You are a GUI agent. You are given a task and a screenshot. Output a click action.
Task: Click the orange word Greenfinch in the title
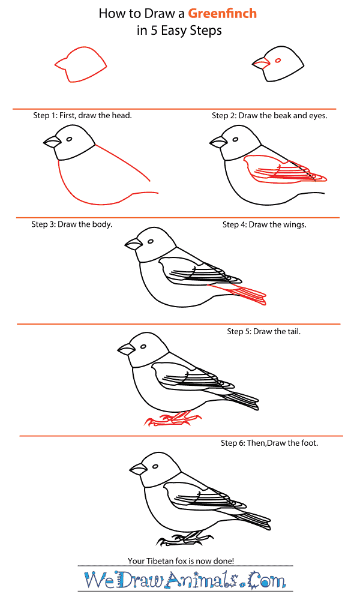(x=222, y=13)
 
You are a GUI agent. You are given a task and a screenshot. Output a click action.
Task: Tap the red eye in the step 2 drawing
(x=278, y=61)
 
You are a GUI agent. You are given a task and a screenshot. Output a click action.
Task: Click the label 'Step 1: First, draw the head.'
(x=82, y=115)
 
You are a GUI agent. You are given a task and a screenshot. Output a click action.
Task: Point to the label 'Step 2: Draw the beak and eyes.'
(x=270, y=116)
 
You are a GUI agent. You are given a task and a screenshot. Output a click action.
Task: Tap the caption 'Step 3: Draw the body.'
(x=72, y=224)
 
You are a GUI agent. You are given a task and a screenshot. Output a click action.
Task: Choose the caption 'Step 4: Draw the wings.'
(x=265, y=224)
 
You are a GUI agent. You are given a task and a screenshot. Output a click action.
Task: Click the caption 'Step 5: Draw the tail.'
(x=264, y=331)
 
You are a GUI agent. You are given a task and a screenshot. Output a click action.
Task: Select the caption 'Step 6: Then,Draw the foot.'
(x=269, y=443)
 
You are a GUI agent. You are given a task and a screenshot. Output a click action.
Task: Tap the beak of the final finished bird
(x=138, y=469)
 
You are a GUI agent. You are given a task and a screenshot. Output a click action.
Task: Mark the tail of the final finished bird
(x=253, y=521)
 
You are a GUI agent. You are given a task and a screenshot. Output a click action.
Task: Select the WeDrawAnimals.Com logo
(x=185, y=580)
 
